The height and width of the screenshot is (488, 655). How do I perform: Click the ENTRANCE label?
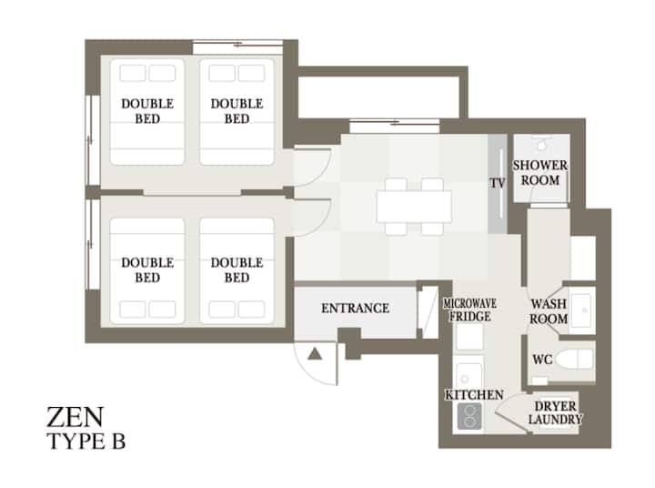coord(355,309)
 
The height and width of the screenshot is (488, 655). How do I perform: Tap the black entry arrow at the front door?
coord(315,354)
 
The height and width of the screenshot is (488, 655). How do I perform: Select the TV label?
coord(497,183)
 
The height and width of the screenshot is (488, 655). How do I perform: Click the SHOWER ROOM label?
coord(540,173)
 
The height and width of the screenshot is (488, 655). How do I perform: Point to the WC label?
coord(542,360)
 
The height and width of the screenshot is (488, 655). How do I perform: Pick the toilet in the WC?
coord(575,360)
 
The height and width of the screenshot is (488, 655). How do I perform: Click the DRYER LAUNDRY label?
coord(555,412)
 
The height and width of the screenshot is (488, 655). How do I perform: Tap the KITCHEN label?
coord(474,395)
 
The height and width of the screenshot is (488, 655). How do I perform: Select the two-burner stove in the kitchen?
coord(469,416)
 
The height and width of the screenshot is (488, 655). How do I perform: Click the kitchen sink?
coord(469,377)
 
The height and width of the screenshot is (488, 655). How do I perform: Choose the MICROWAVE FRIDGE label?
coord(470,310)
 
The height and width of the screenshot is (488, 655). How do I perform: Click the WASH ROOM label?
coord(549,310)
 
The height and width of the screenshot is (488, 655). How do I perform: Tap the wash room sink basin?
coord(581,310)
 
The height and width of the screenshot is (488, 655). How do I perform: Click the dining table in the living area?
coord(414,207)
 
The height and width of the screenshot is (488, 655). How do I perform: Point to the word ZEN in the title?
coord(75,417)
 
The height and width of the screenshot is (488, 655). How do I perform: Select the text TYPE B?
coord(86,442)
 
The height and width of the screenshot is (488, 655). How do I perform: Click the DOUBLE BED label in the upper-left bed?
coord(147,111)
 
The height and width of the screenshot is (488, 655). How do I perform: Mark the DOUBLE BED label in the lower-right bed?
coord(237,270)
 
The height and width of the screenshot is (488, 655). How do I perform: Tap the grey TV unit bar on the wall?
coord(497,184)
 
